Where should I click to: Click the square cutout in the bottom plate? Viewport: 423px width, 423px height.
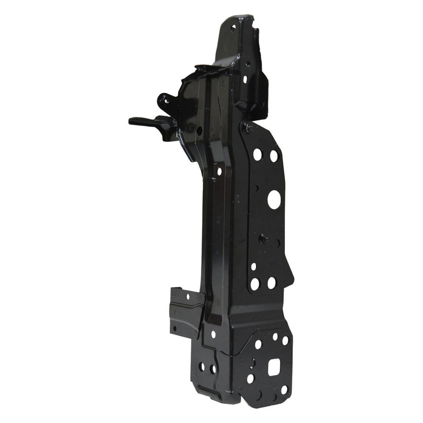[274, 367]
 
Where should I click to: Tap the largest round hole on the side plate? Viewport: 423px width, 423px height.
[274, 199]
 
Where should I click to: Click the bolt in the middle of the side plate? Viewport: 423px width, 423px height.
[263, 239]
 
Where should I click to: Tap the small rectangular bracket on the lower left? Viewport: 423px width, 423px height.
[183, 312]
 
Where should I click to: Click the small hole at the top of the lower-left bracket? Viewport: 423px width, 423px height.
[188, 297]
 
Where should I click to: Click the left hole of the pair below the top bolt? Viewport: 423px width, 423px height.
[257, 154]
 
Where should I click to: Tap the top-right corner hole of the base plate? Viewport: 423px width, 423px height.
[285, 340]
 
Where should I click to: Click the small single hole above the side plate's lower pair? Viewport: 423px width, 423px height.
[253, 267]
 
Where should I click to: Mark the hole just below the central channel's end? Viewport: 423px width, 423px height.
[213, 335]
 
